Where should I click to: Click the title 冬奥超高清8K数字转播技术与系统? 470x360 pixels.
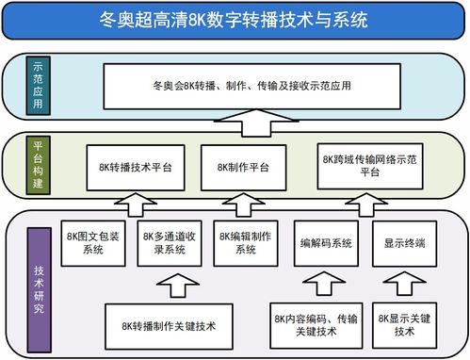[235, 19]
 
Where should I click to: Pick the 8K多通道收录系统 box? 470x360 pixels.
[169, 242]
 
